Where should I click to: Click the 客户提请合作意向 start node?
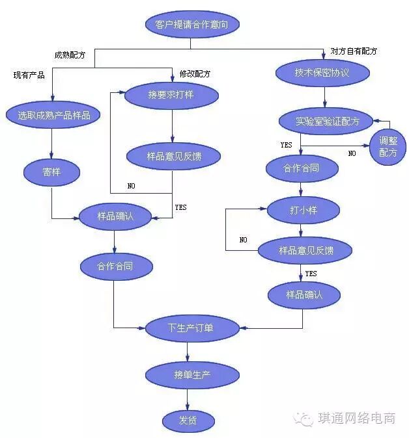[192, 25]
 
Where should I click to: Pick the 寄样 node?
[51, 172]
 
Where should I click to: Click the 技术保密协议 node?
[322, 73]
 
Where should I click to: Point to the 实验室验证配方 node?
[328, 121]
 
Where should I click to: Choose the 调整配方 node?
[388, 147]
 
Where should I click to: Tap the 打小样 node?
[303, 209]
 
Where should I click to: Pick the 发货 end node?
[188, 420]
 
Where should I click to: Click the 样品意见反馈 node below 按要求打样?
[173, 157]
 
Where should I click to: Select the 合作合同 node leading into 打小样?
[302, 168]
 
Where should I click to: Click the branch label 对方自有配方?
[353, 51]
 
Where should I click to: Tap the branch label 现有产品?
[29, 75]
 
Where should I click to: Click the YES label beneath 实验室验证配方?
[286, 145]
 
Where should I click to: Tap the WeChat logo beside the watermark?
[303, 419]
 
